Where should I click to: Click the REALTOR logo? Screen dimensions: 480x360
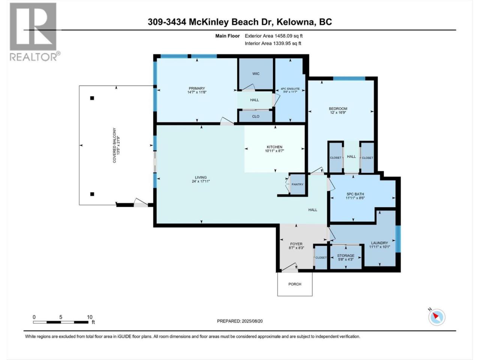[34, 32]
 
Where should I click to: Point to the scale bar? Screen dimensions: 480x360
[61, 322]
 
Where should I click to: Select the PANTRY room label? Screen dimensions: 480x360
[297, 184]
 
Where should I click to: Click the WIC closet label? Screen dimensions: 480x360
[256, 73]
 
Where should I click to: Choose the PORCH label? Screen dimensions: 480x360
[295, 284]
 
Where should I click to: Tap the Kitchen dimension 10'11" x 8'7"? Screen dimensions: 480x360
[274, 151]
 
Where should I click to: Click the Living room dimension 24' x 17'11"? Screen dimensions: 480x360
[201, 181]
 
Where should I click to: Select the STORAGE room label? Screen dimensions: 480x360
[345, 255]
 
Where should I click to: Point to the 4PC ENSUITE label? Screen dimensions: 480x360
[290, 89]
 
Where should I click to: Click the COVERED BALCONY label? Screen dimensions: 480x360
[114, 145]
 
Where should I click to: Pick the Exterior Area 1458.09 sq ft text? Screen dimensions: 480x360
[274, 36]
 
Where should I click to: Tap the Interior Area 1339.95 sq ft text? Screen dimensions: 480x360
[273, 43]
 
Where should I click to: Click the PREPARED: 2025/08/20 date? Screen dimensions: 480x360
[240, 321]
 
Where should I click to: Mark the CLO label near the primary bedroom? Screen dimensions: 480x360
[256, 116]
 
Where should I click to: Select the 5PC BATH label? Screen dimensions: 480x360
[355, 194]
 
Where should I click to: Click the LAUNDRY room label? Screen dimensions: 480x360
[379, 243]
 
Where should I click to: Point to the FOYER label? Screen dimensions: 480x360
[296, 244]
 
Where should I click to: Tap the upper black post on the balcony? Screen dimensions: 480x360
[92, 98]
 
